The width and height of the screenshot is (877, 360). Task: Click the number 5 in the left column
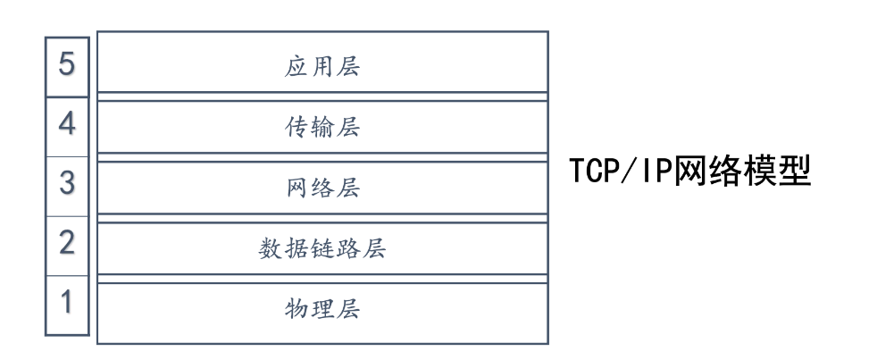point(67,63)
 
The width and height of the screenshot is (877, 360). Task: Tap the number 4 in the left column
point(67,123)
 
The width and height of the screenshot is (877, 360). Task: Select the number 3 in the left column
point(67,183)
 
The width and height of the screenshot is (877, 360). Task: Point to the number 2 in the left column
point(67,242)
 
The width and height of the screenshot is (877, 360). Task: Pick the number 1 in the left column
point(67,302)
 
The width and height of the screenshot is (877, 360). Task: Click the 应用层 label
point(322,67)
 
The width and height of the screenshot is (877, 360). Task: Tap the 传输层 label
point(322,127)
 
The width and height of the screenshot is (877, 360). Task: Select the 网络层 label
point(322,188)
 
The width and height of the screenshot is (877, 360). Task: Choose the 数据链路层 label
point(322,248)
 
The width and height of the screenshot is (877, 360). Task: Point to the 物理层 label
point(322,308)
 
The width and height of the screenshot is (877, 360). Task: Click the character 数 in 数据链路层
point(270,248)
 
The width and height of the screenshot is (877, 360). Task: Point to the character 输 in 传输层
point(322,127)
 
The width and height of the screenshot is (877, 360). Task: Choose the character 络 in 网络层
point(322,188)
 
